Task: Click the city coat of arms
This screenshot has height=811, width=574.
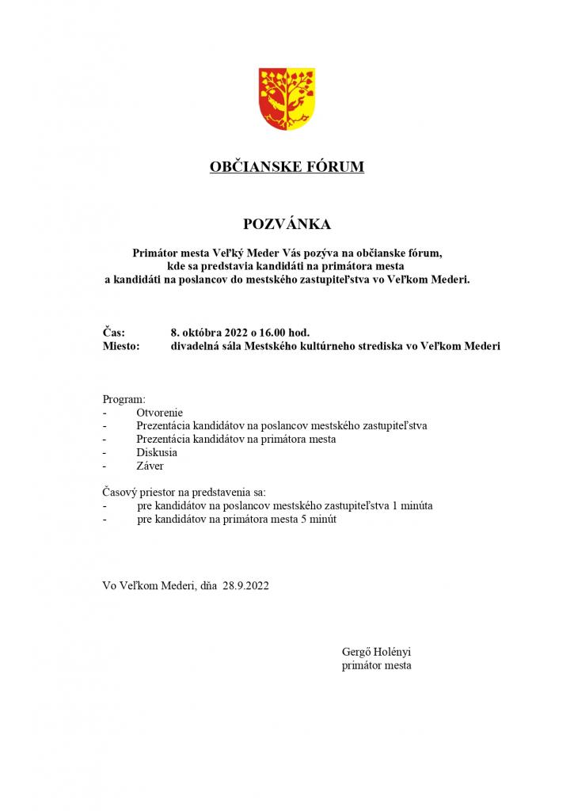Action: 287,100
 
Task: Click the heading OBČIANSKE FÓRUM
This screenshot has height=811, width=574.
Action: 287,167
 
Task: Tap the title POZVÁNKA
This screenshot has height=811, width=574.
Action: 287,224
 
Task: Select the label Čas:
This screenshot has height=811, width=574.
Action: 114,333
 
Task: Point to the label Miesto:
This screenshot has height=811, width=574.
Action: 121,346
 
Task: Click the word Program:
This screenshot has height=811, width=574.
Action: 124,400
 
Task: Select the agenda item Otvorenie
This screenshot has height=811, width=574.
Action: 159,413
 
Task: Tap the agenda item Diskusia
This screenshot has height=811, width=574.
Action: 157,453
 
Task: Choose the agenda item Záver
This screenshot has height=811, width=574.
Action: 150,466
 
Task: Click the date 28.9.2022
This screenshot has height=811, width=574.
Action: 246,585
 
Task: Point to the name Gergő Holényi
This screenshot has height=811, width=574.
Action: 377,652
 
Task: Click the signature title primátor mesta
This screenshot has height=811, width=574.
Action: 376,665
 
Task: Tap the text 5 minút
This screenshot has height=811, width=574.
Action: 323,519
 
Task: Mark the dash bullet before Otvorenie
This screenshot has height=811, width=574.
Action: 105,413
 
